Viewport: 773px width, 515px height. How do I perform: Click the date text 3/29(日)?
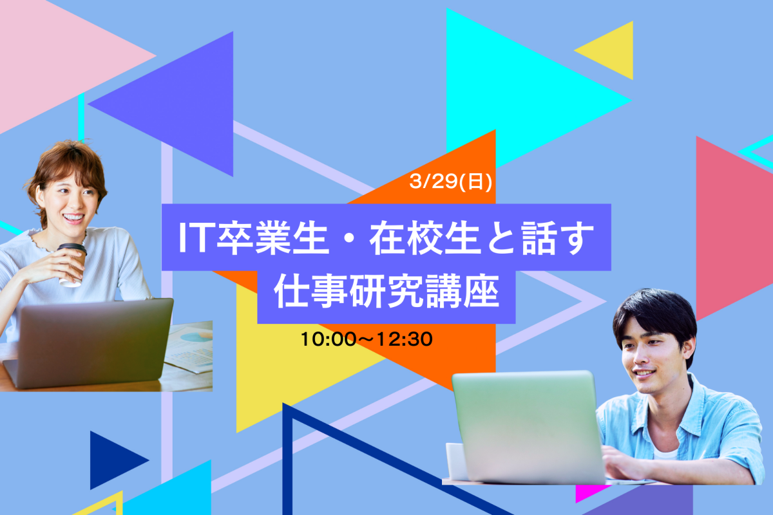[x=450, y=181]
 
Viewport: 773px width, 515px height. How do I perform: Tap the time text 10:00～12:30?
[x=367, y=339]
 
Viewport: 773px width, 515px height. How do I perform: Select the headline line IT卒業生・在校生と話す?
[x=386, y=238]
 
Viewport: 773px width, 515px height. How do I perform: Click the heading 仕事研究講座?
[x=386, y=292]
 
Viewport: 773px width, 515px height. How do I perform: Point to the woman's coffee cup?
[x=72, y=265]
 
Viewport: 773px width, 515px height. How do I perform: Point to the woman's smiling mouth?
[x=73, y=218]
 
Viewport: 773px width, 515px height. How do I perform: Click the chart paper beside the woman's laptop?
[x=190, y=347]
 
